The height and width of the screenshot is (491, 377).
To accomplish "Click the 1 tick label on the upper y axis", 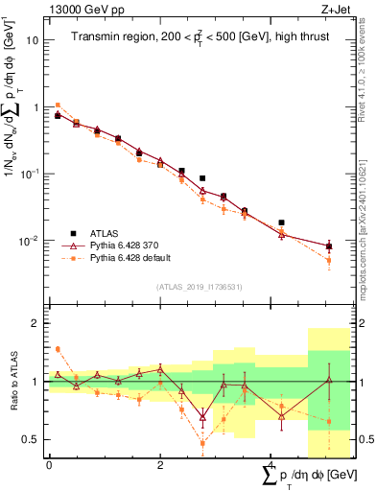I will point(36,107).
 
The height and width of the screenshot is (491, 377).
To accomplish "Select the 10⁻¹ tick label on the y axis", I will point(31,174).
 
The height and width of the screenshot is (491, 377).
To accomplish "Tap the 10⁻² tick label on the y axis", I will point(31,241).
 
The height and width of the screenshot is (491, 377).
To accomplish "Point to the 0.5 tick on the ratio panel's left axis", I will point(32,439).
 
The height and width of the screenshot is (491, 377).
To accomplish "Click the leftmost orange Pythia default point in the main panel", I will point(58,105).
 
